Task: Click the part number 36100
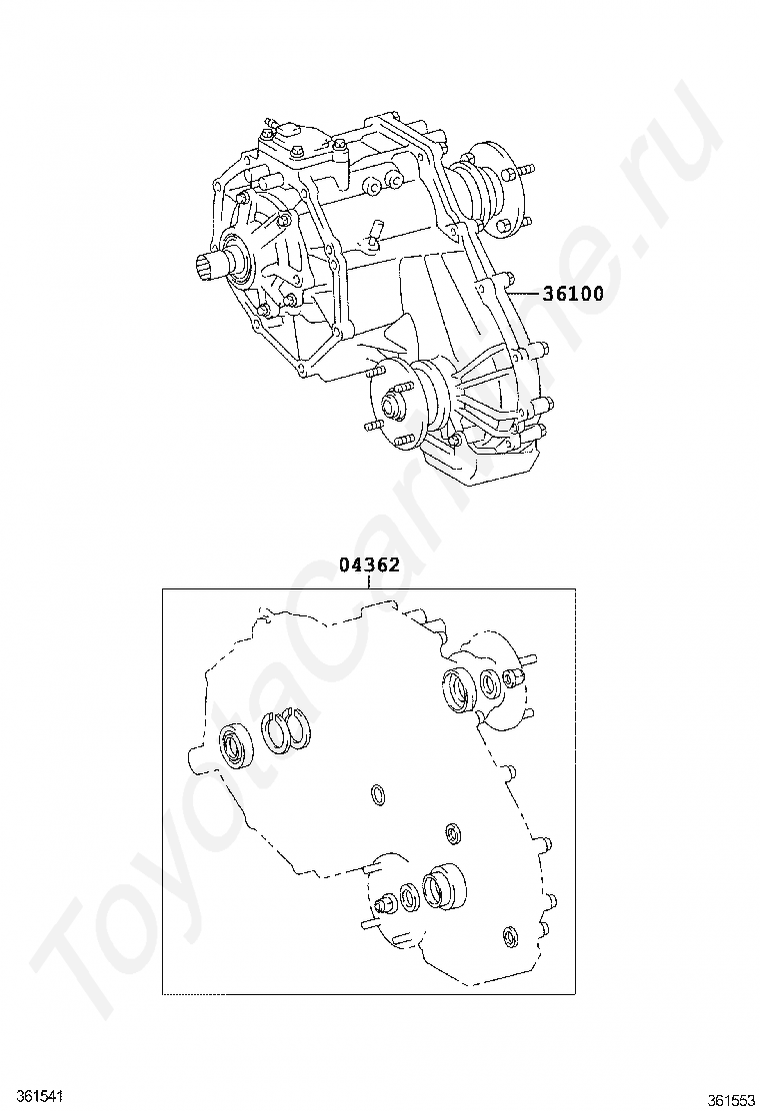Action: click(573, 295)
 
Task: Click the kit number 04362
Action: click(369, 564)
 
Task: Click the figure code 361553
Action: click(731, 1099)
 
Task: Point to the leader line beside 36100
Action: click(523, 295)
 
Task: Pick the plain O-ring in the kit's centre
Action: click(379, 794)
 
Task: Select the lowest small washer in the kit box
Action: click(511, 936)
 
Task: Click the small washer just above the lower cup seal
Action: click(453, 833)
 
